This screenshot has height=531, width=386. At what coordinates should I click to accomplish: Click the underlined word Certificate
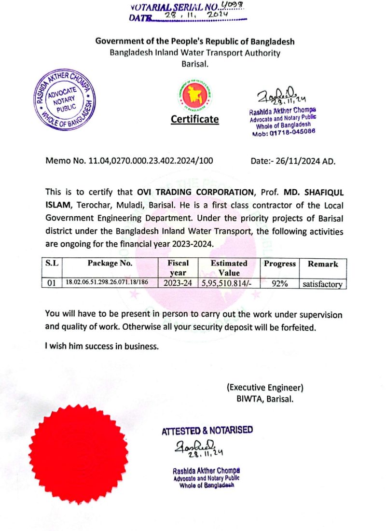pos(195,119)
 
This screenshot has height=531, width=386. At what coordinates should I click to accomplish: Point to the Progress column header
pos(279,264)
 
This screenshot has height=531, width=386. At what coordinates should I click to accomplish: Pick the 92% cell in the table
pos(279,284)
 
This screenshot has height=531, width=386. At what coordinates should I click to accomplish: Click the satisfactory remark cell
pos(322,284)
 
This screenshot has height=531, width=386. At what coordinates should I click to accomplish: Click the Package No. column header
pos(110,264)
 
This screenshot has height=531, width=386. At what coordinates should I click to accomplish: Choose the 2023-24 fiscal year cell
pos(178,284)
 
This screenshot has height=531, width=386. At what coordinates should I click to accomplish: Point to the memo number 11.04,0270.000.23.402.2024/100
pos(150,161)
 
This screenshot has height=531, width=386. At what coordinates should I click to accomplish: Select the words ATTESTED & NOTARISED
pos(207,430)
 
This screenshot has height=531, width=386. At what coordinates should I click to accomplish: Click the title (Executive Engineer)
pos(265,387)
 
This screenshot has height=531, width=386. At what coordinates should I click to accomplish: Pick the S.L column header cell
pos(52,264)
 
